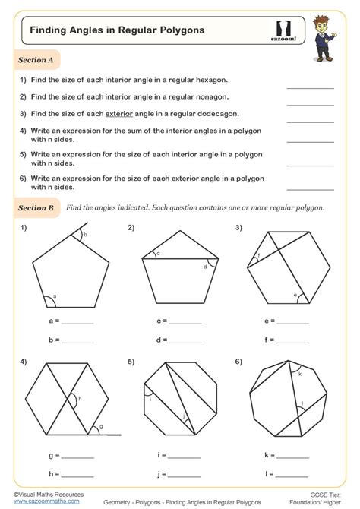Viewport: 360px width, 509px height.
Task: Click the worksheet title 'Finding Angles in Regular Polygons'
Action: (x=107, y=31)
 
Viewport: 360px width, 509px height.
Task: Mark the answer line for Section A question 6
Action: (x=310, y=186)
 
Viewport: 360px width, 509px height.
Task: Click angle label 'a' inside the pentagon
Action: (x=55, y=298)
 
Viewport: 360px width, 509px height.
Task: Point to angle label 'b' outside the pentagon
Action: (x=86, y=236)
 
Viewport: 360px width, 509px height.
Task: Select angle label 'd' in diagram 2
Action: (x=204, y=267)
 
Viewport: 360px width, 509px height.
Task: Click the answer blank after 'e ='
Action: (x=290, y=322)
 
